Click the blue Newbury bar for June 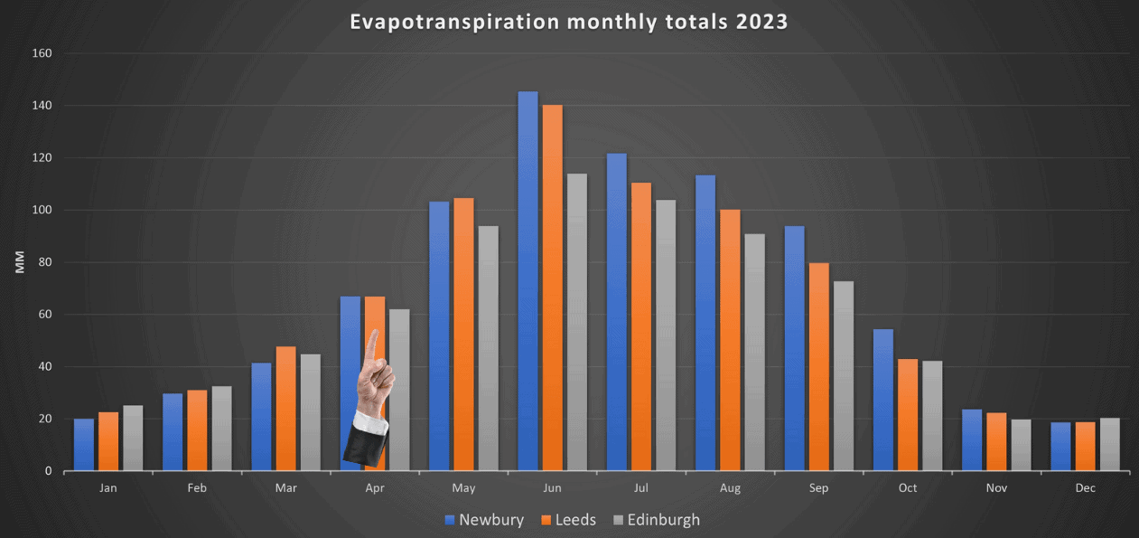[x=527, y=280]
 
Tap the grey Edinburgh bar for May [x=488, y=348]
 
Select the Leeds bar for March [x=285, y=408]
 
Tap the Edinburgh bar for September [x=844, y=375]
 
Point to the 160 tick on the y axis [x=42, y=53]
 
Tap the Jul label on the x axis [x=640, y=488]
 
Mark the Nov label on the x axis [x=996, y=488]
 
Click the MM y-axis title [x=20, y=262]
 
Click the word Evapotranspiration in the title [x=454, y=21]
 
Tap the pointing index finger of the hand [x=372, y=346]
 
